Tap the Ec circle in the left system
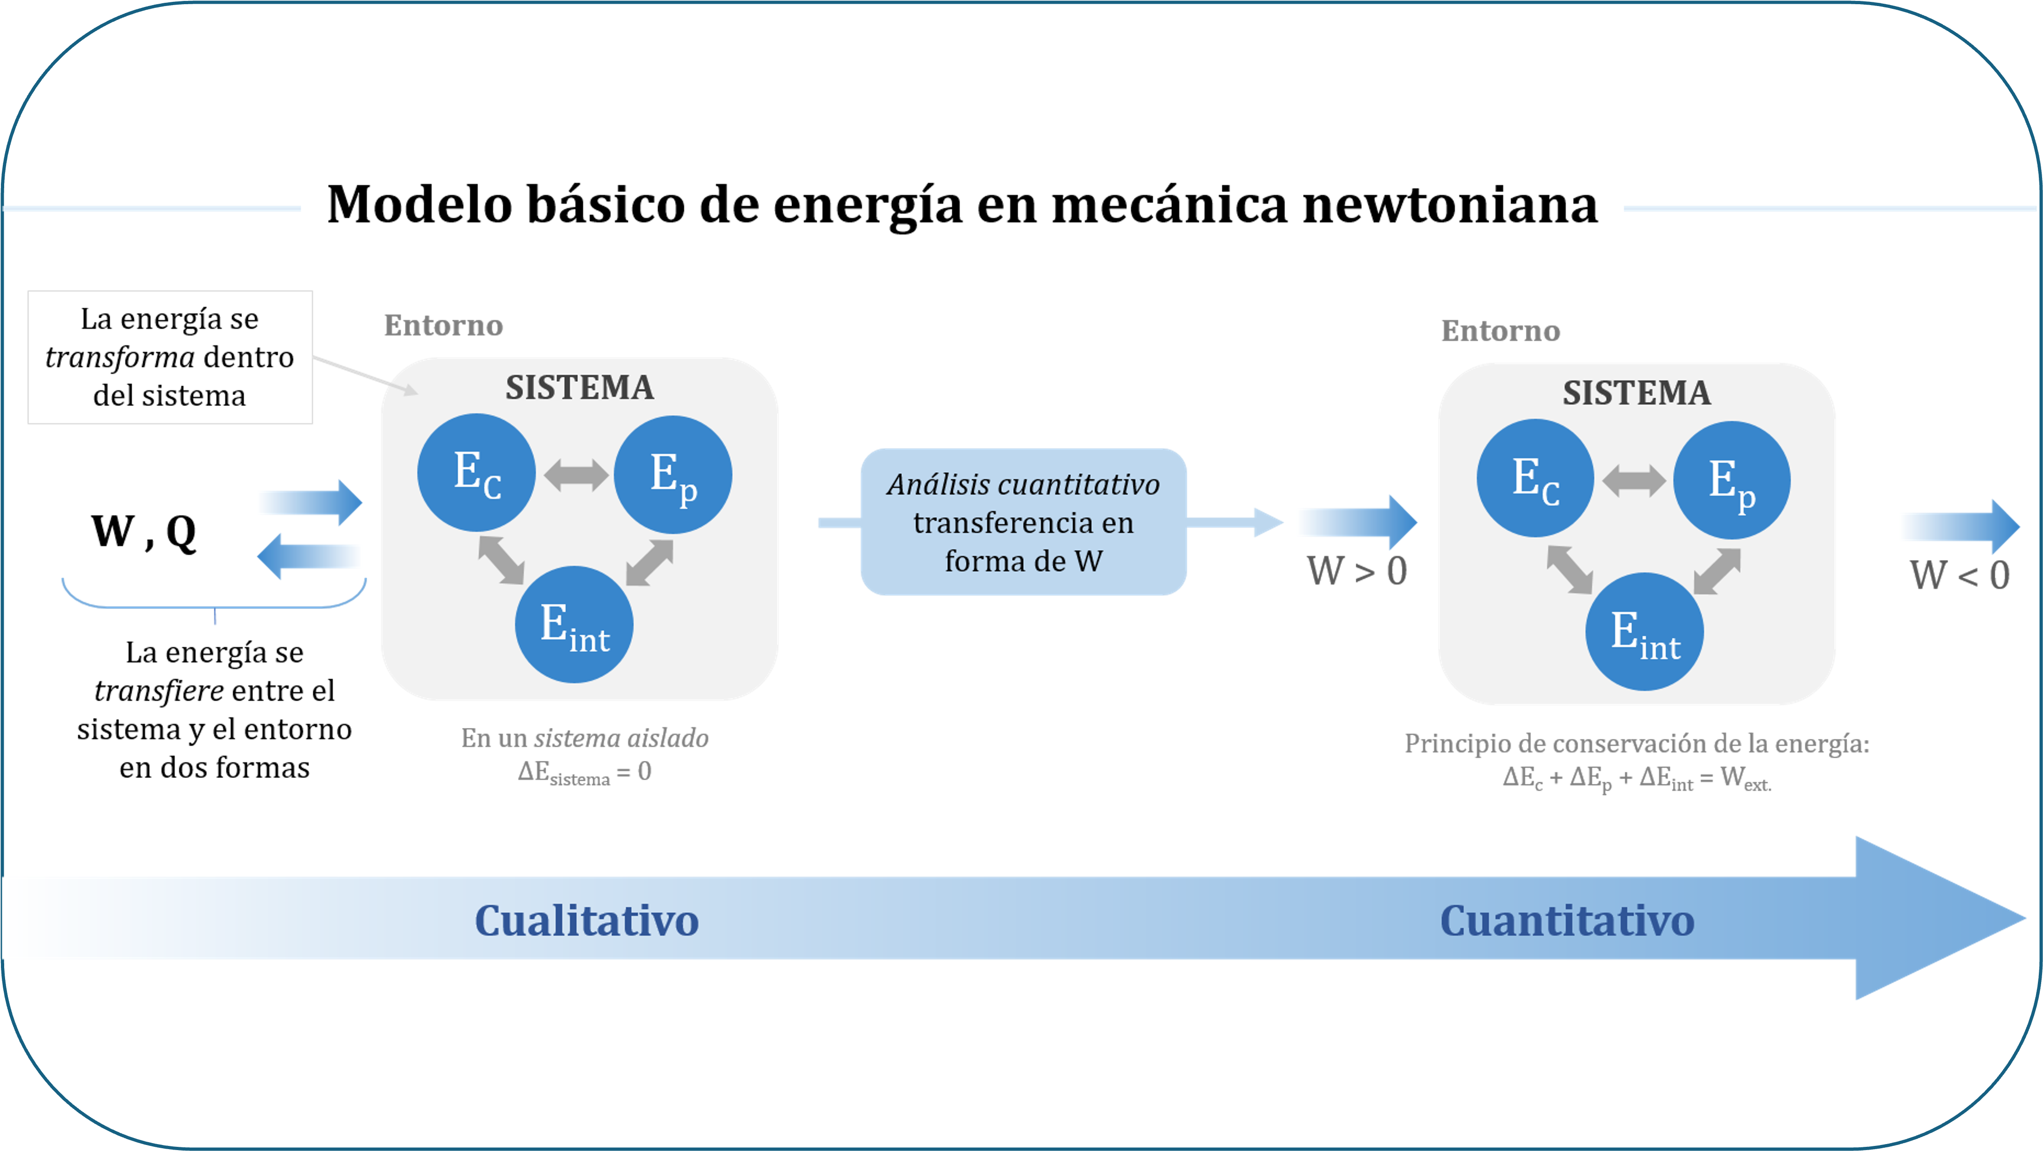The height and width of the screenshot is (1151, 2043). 476,473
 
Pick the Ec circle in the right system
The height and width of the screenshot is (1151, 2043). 1535,478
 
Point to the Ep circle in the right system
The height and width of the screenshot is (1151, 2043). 1731,481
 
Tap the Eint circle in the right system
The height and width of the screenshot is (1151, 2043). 1644,632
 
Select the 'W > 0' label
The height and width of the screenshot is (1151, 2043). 1357,570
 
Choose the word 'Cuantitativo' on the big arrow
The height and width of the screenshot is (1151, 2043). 1566,920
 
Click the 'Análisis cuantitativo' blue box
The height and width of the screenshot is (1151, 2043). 1023,522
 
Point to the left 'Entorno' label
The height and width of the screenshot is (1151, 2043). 443,325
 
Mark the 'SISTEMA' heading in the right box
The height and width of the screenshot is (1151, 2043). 1636,392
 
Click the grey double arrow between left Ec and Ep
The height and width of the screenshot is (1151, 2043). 576,475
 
